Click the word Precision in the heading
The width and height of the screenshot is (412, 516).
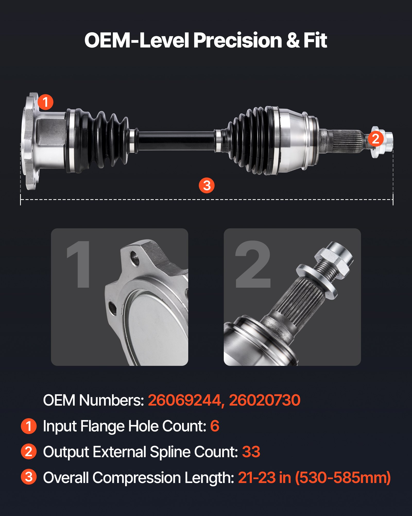[237, 41]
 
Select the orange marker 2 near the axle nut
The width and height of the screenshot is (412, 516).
[376, 139]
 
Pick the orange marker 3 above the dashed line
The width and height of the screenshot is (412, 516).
[207, 185]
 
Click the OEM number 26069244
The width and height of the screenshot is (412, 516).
[184, 400]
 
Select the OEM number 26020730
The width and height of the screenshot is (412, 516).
[264, 400]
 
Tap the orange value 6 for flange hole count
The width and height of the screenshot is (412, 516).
[214, 426]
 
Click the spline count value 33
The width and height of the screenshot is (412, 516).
[251, 452]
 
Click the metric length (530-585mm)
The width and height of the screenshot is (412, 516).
[343, 478]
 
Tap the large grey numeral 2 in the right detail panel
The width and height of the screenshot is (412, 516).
[253, 264]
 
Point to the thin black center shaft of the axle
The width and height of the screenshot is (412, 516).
[176, 141]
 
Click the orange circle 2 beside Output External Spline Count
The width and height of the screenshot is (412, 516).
[29, 451]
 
